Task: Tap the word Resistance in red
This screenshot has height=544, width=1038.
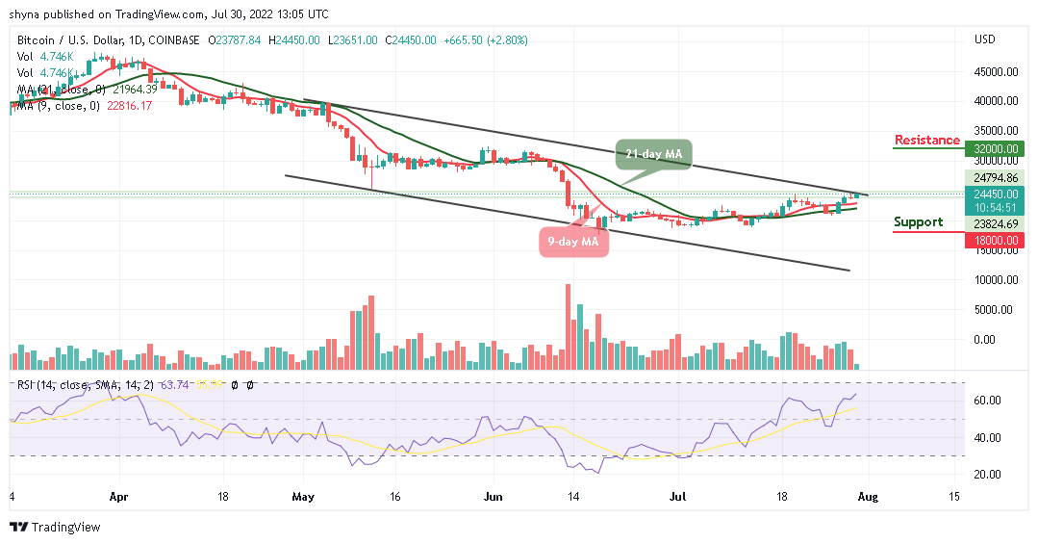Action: click(926, 141)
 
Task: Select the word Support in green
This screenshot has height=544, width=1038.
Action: click(918, 222)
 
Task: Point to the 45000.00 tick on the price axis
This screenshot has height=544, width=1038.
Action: click(996, 71)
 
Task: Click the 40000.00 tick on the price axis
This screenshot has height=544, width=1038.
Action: click(996, 101)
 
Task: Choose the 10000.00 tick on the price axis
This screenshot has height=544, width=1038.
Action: click(996, 280)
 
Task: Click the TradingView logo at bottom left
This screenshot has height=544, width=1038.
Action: click(55, 528)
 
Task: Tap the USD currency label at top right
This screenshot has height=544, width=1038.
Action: click(984, 39)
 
